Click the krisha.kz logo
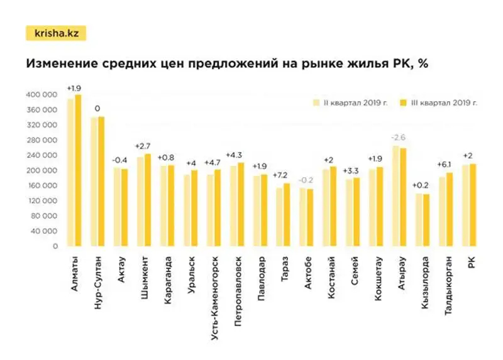click(x=55, y=33)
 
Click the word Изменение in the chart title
click(x=60, y=65)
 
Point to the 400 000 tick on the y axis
click(x=42, y=95)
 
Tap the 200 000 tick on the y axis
click(x=42, y=171)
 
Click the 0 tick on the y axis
click(x=55, y=247)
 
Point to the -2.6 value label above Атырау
click(x=399, y=137)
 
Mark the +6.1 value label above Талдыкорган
click(x=445, y=165)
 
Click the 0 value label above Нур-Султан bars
click(x=97, y=108)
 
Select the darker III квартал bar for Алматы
click(x=78, y=170)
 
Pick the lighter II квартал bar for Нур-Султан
click(x=94, y=182)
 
